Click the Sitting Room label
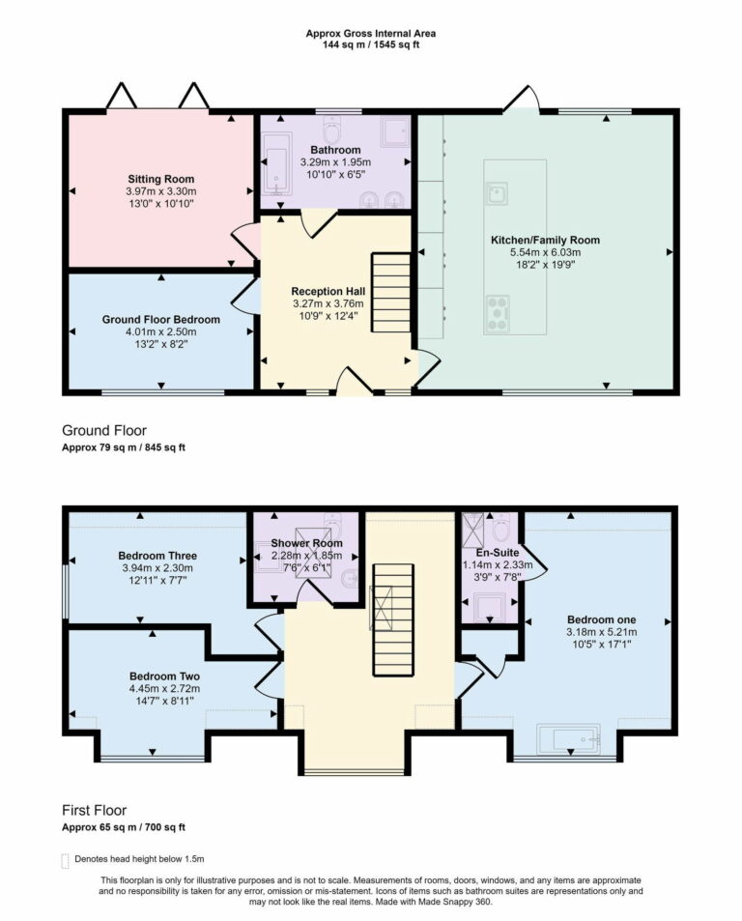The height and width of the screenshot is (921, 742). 161,179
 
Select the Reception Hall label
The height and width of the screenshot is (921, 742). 328,290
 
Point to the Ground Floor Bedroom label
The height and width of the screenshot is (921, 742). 161,319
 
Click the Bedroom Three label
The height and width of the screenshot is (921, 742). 157,556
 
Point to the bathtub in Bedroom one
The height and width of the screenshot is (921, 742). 568,741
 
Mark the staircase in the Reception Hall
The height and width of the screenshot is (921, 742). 392,291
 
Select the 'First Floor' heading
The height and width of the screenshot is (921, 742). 94,810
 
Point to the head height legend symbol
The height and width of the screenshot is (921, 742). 66,859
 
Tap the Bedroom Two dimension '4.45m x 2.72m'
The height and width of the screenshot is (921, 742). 164,689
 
